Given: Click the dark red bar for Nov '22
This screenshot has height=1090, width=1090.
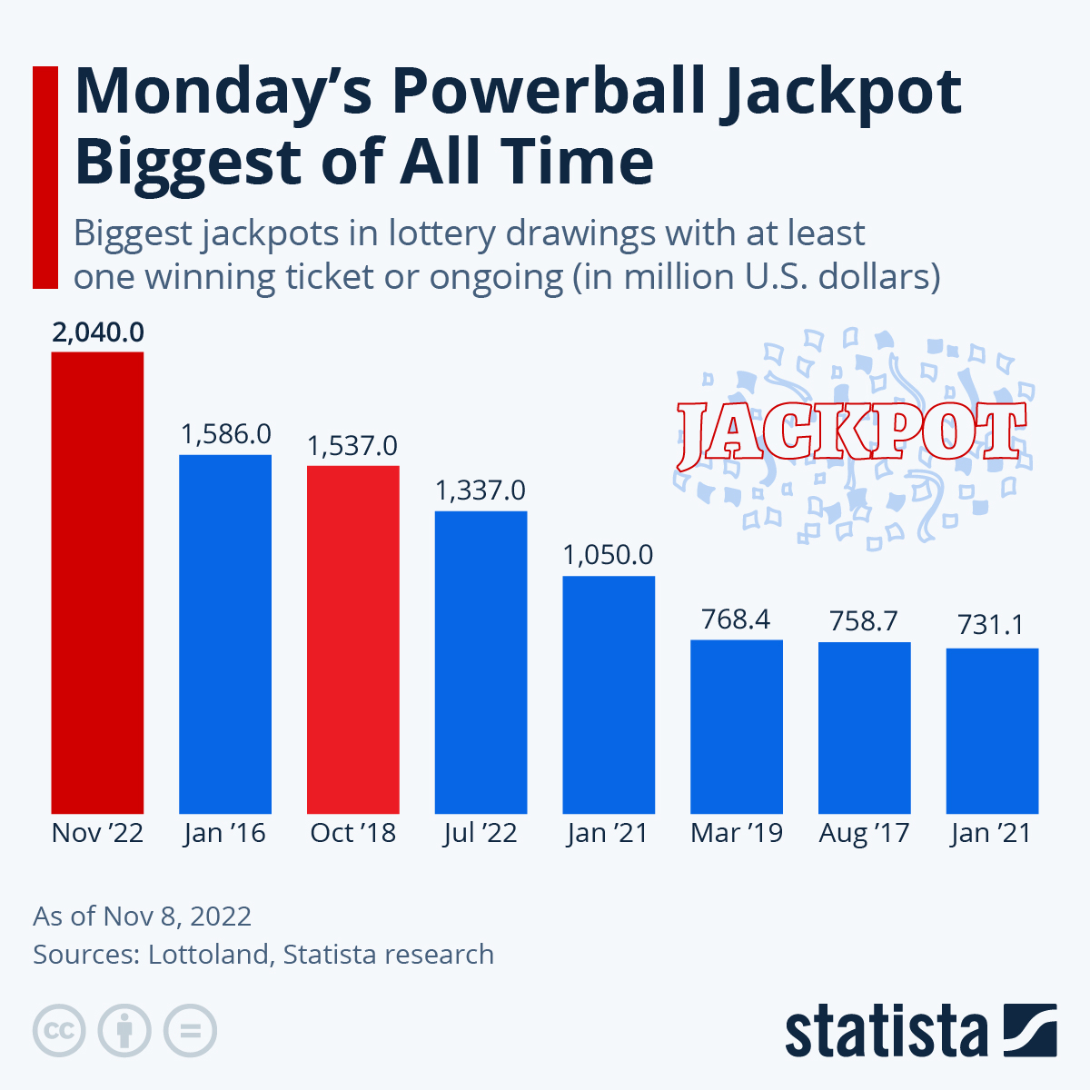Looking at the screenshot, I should coord(97,581).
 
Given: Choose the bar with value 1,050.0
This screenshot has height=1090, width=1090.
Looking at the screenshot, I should coord(609,694).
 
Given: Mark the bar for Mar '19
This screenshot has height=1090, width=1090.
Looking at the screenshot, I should coord(737,726).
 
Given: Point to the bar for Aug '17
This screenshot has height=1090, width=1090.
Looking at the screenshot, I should coord(864,727).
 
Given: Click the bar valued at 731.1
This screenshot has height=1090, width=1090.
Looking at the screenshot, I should coord(992,730).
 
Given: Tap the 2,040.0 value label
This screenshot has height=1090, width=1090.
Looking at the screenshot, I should coord(97,332).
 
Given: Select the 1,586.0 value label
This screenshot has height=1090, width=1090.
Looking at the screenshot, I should coord(225,434).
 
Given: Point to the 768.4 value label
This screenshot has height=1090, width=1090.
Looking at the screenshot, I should coord(736,619).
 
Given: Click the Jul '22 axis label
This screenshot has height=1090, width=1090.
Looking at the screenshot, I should coord(481,833).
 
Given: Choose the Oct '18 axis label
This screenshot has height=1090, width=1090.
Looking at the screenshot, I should coord(353,833).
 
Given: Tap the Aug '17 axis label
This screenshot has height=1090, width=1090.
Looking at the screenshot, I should coord(864,833).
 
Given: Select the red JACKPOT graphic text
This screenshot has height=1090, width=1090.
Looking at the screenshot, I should coord(851,432).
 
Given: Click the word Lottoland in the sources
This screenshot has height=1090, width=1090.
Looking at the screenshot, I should coord(208,955).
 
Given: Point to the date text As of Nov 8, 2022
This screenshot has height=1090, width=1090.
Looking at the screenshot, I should coord(143,916).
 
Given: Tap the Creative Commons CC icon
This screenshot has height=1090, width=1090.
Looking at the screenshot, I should coord(59,1031).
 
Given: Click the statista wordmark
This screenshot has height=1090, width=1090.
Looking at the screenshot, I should coord(886,1031).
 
